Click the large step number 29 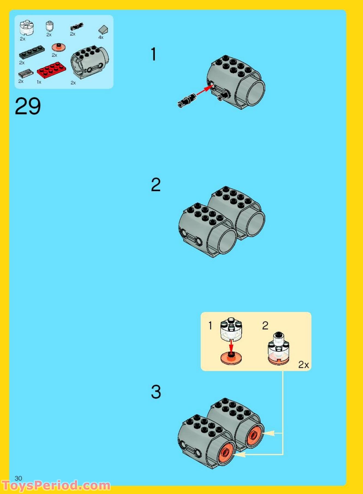click(28, 106)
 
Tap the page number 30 click(19, 478)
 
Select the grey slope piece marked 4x click(103, 29)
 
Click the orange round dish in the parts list click(59, 47)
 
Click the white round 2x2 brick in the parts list click(26, 28)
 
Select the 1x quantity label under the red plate click(39, 82)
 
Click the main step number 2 click(156, 185)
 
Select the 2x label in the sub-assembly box click(304, 365)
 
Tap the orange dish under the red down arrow click(231, 358)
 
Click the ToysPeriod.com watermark click(56, 486)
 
